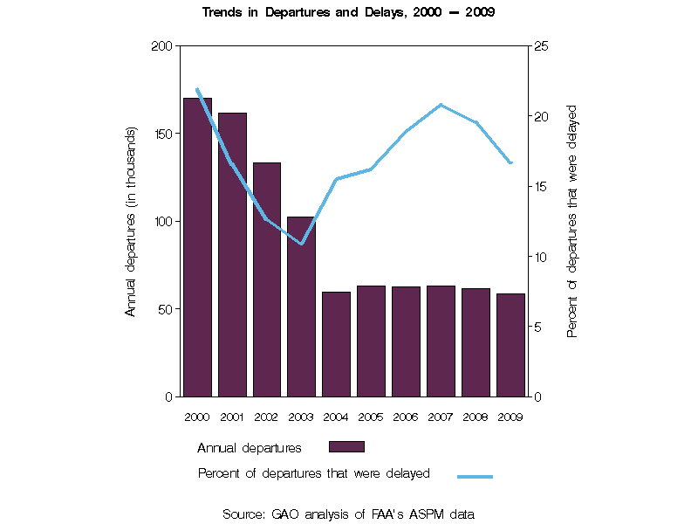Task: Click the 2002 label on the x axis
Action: click(x=267, y=417)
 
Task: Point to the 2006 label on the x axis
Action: click(x=406, y=417)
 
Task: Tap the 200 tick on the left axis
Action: click(x=162, y=45)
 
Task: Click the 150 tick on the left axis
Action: click(x=162, y=134)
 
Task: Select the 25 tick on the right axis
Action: click(x=540, y=45)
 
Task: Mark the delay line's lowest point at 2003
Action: click(x=302, y=244)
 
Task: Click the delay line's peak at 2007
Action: click(x=441, y=105)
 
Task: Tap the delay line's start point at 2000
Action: click(x=197, y=89)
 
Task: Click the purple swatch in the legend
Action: click(x=346, y=447)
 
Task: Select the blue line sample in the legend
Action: click(x=475, y=476)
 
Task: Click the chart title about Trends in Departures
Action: click(x=349, y=13)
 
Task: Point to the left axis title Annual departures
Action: click(x=131, y=221)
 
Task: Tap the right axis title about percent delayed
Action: click(x=573, y=221)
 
